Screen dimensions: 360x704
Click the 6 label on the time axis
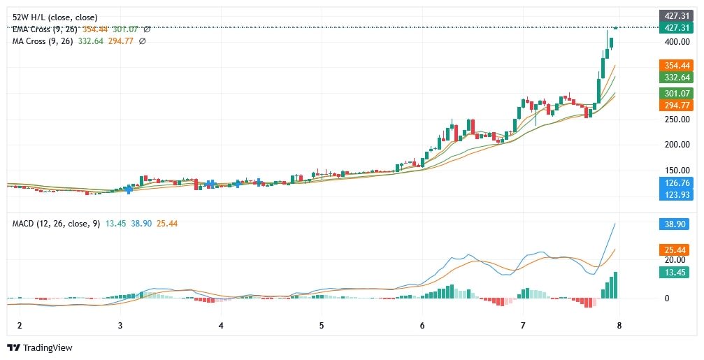[x=422, y=326]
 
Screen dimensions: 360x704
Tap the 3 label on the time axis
[x=120, y=326]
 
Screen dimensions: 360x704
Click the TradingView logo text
[x=47, y=347]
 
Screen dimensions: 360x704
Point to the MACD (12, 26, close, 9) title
[x=57, y=223]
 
